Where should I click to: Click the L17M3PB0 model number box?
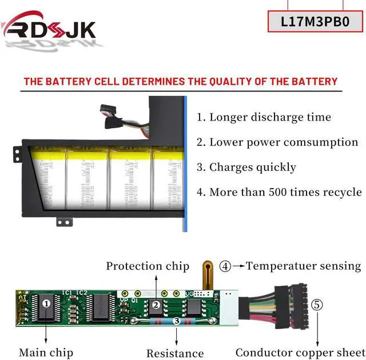pyautogui.click(x=315, y=21)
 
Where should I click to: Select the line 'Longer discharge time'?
pyautogui.click(x=264, y=117)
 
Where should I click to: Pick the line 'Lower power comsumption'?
pyautogui.click(x=277, y=142)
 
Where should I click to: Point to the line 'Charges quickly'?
pyautogui.click(x=246, y=167)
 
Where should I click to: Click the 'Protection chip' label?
pyautogui.click(x=148, y=266)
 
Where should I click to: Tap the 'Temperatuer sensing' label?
pyautogui.click(x=304, y=266)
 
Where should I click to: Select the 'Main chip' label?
pyautogui.click(x=46, y=353)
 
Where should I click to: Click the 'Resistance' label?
pyautogui.click(x=175, y=354)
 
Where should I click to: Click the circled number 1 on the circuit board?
pyautogui.click(x=46, y=303)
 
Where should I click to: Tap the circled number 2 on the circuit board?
pyautogui.click(x=156, y=306)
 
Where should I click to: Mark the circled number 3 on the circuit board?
pyautogui.click(x=178, y=321)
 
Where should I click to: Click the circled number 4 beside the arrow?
pyautogui.click(x=225, y=266)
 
